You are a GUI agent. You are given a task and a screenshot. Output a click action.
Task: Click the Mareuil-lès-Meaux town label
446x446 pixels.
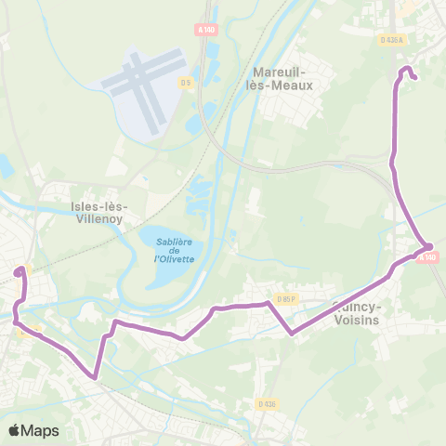(x=283, y=77)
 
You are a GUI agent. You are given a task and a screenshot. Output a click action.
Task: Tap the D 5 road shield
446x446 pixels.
(x=186, y=83)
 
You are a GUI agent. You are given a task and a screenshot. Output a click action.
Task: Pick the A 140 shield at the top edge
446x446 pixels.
(x=205, y=29)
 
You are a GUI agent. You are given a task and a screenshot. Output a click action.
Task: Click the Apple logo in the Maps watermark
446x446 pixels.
(x=15, y=430)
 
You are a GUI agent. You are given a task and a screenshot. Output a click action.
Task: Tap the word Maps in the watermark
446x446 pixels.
(x=41, y=430)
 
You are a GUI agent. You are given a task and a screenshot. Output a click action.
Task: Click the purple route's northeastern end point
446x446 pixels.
(x=413, y=78)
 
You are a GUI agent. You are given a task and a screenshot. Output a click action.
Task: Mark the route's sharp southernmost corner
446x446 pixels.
(x=95, y=377)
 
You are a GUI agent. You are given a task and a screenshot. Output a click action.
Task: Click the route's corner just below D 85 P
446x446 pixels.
(x=292, y=332)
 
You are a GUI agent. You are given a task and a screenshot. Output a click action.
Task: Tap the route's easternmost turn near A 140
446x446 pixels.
(x=429, y=246)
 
